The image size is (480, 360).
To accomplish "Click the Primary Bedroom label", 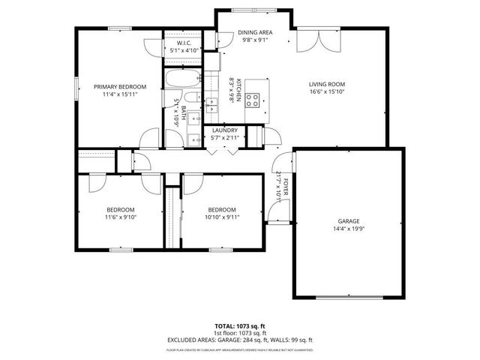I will coord(120,87).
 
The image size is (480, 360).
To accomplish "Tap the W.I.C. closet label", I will coord(185,43).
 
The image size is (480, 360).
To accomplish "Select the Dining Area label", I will coord(255,33).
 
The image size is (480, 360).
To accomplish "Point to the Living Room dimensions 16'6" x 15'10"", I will coord(328,92).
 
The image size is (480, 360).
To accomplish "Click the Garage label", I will coord(349,221).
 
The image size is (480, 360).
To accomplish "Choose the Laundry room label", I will coord(225,130).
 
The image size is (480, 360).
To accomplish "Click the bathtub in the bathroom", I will coord(180,78).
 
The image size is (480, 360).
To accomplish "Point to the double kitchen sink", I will coord(212,97).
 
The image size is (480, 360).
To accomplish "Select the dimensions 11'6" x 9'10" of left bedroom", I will coord(120,217).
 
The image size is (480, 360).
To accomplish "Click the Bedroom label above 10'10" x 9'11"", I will coord(222,209).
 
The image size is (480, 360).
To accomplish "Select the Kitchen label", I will coord(239,90).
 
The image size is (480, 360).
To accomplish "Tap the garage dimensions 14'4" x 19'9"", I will coord(349,229).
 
